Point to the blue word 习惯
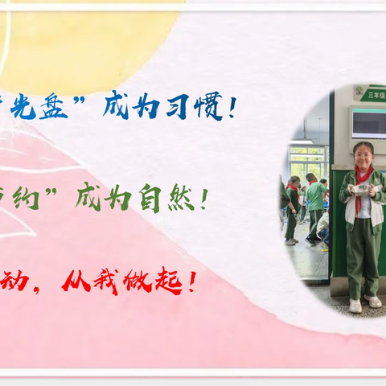195,108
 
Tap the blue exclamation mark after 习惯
232,108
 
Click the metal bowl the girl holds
361,188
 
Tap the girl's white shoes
363,304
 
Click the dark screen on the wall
368,122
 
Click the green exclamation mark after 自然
204,198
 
